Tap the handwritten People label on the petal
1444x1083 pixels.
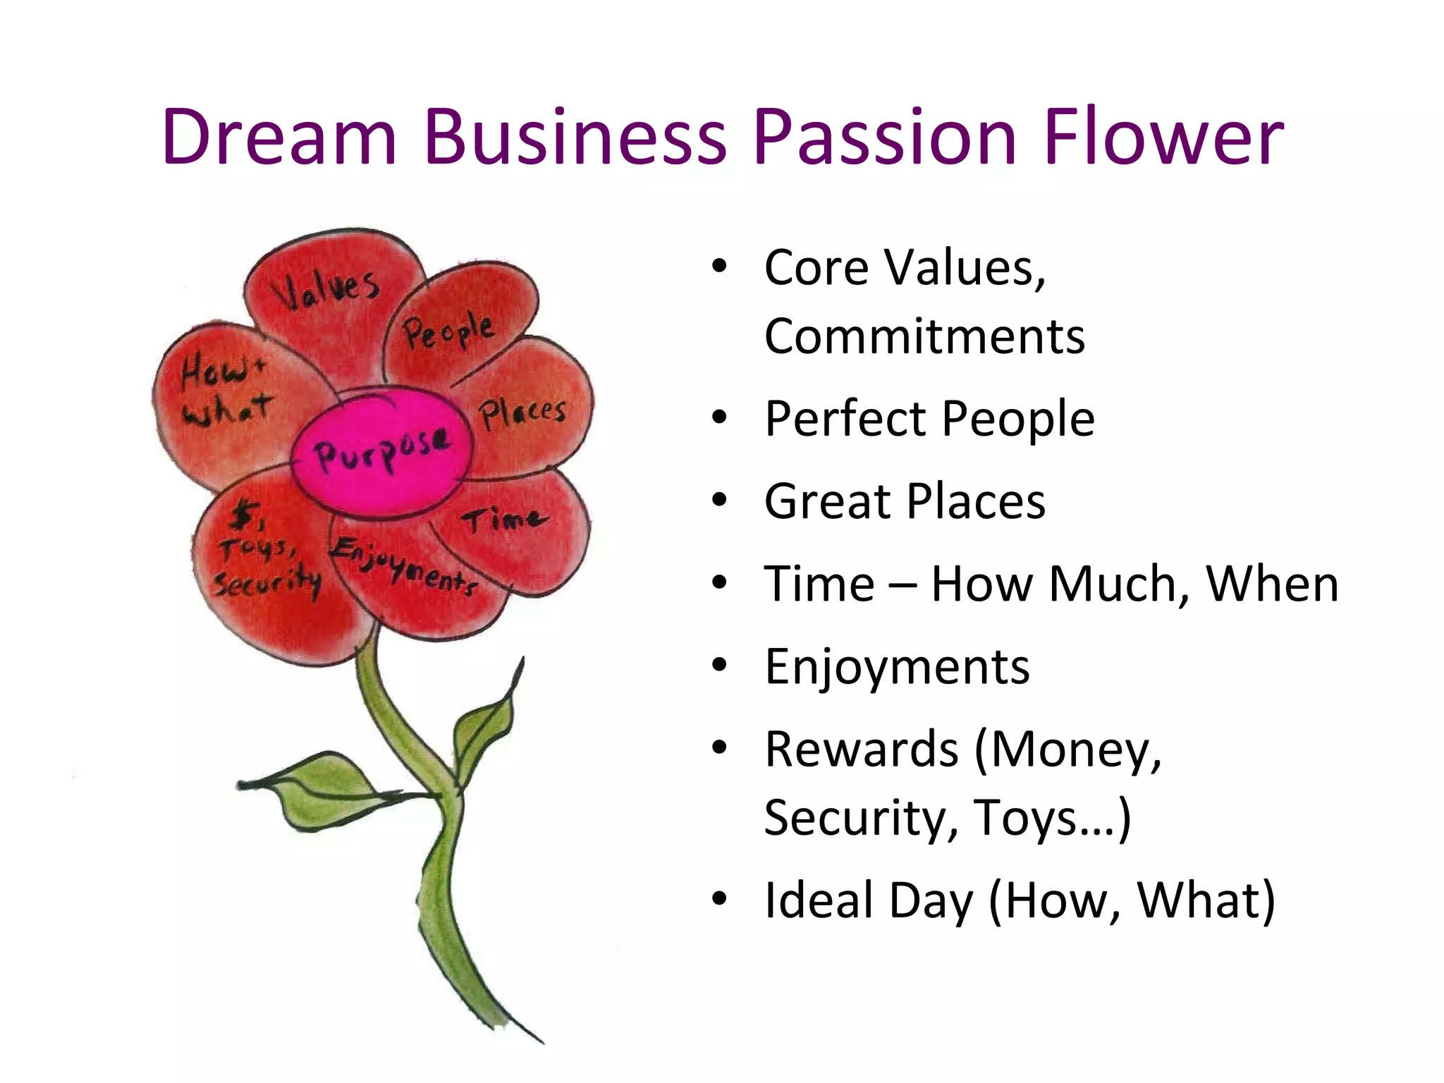pos(448,331)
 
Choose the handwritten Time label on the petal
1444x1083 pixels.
pos(503,520)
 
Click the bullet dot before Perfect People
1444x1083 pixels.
pos(718,418)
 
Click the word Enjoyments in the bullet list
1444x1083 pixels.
pos(897,666)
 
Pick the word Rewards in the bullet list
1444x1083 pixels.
pos(862,749)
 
